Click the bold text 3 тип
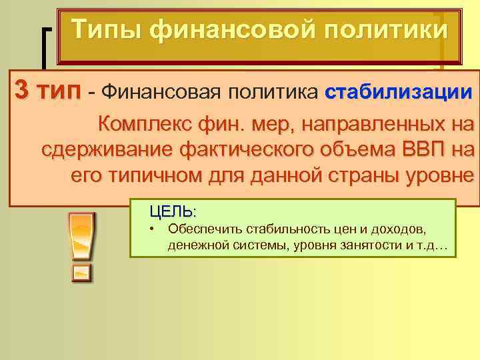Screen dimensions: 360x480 [46, 92]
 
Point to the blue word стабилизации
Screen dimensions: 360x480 [399, 92]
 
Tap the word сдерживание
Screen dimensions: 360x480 [103, 149]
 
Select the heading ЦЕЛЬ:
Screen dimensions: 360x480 [173, 213]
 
